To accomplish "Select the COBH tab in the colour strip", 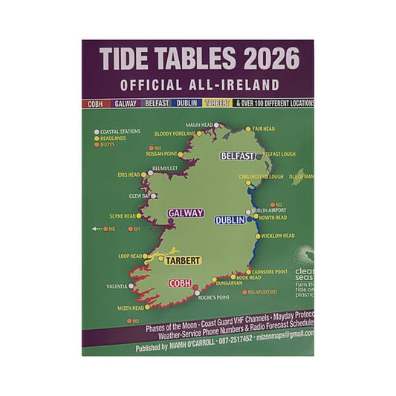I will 96,103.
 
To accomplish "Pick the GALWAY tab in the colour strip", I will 126,103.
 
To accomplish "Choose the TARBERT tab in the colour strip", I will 216,103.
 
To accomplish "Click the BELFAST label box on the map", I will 238,156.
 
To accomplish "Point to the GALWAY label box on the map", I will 185,213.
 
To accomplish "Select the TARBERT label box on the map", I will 182,262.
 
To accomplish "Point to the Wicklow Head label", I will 279,236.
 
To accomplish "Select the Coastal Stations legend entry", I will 119,132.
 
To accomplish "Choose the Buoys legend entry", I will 108,145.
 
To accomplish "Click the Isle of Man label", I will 301,177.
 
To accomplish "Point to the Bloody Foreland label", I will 174,134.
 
